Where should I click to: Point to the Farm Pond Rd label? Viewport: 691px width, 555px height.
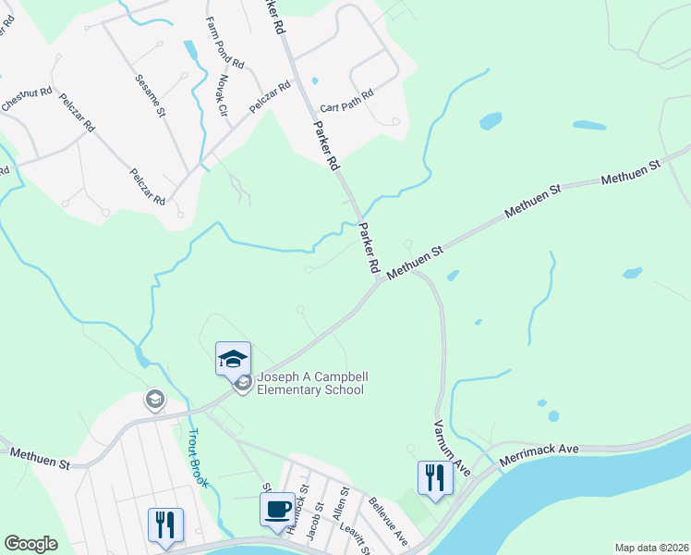(x=226, y=43)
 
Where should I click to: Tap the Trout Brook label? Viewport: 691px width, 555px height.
(x=202, y=451)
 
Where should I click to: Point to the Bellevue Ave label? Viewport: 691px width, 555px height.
(x=388, y=521)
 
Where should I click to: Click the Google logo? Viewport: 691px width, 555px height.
(x=30, y=544)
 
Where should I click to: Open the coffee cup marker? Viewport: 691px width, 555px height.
(x=277, y=509)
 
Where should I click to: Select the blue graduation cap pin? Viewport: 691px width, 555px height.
(x=233, y=358)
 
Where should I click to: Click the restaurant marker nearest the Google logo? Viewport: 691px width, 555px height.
(x=165, y=524)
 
